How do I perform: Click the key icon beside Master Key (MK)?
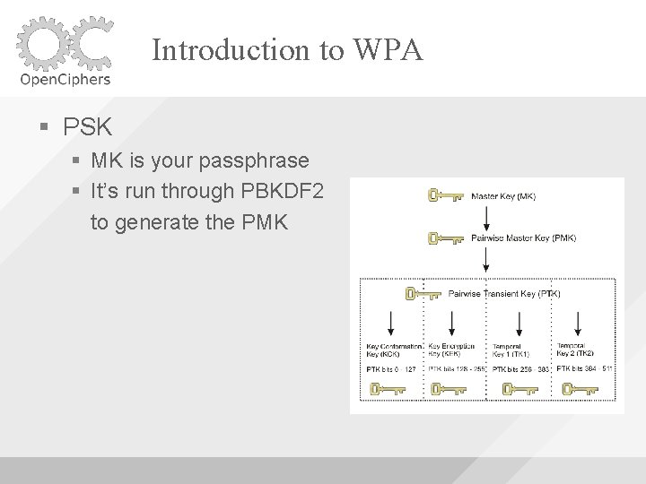(x=445, y=195)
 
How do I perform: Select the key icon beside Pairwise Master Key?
(x=445, y=238)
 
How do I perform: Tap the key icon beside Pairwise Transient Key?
(x=423, y=293)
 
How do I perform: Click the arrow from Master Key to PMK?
(x=485, y=217)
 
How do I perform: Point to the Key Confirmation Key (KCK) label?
(x=389, y=350)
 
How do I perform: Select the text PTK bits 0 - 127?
(x=391, y=368)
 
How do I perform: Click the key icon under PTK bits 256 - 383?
(x=519, y=389)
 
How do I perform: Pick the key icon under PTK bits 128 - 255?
(x=448, y=389)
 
